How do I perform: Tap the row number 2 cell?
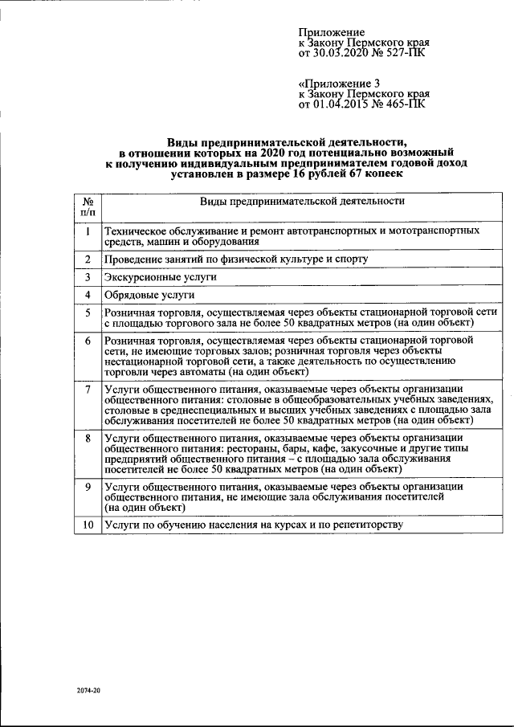86,259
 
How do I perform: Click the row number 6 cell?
86,341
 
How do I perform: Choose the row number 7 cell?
86,389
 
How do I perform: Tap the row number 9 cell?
86,486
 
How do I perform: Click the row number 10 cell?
86,525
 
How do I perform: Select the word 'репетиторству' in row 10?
367,525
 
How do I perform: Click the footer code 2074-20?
89,690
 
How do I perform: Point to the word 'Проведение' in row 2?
132,259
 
